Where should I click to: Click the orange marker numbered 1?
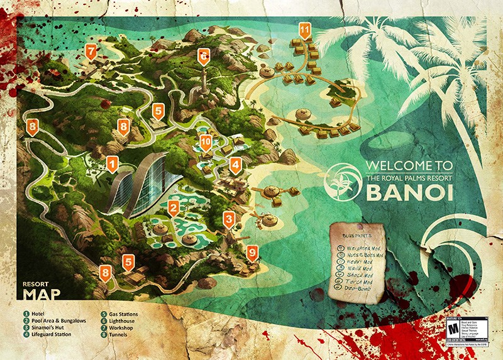click(113, 165)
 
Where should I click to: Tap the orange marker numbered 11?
click(305, 30)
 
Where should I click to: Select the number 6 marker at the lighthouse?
click(203, 55)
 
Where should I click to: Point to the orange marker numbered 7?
click(92, 51)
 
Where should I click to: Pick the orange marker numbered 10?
click(206, 143)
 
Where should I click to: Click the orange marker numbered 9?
click(252, 253)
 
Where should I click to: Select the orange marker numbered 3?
click(229, 219)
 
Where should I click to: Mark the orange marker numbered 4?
click(235, 166)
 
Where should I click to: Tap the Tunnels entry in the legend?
click(119, 334)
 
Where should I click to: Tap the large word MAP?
click(38, 294)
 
